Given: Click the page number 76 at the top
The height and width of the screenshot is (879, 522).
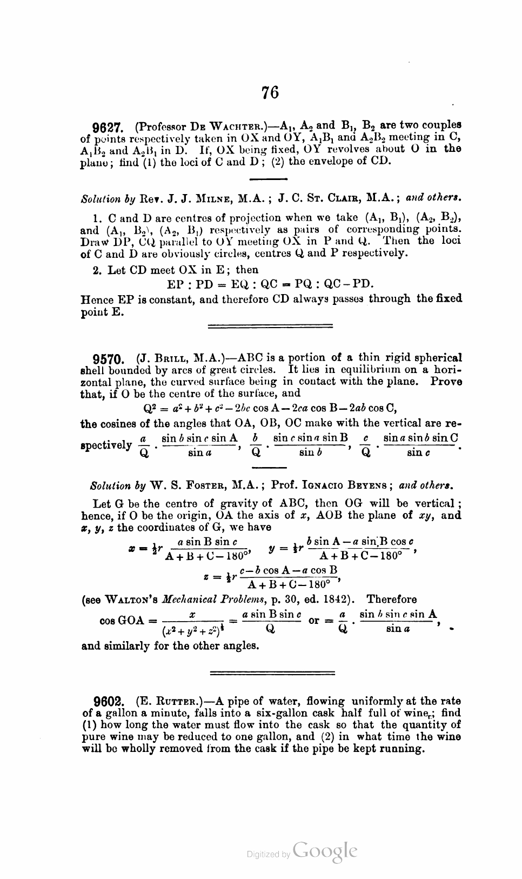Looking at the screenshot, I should click(270, 92).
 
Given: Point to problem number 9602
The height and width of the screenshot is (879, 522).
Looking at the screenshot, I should click(110, 702).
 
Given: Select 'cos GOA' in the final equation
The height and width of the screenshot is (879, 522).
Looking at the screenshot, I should click(122, 620).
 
